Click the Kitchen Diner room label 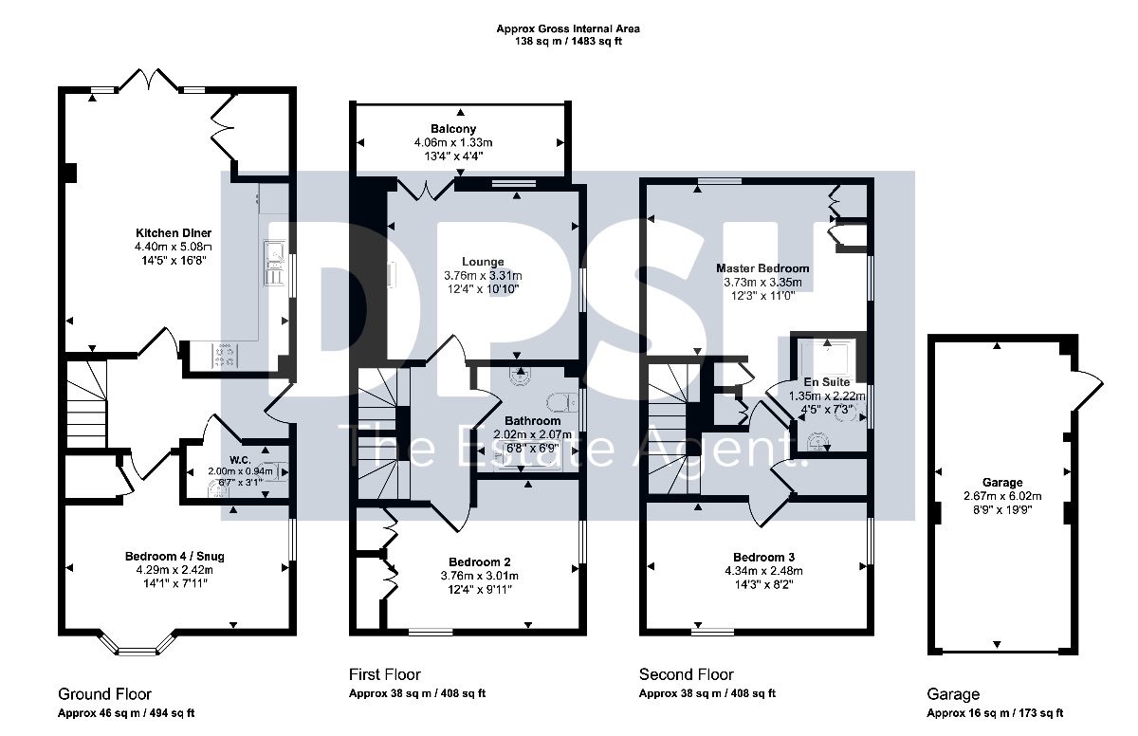[x=174, y=233]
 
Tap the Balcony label [x=453, y=129]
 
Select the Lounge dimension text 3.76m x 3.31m [x=483, y=276]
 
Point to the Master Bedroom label [x=762, y=268]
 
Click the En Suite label [x=827, y=382]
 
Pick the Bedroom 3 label [x=763, y=557]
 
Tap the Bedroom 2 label [x=479, y=562]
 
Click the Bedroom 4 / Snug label [x=174, y=556]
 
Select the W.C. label [x=240, y=460]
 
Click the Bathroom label [x=532, y=421]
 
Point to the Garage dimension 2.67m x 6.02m [x=1002, y=496]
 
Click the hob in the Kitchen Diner [x=225, y=355]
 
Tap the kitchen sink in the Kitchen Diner [x=275, y=262]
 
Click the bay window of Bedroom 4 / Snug [x=137, y=644]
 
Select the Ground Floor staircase [x=87, y=404]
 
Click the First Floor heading [x=385, y=674]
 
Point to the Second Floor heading [x=687, y=674]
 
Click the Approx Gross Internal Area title [x=568, y=29]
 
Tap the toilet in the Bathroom [x=562, y=403]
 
